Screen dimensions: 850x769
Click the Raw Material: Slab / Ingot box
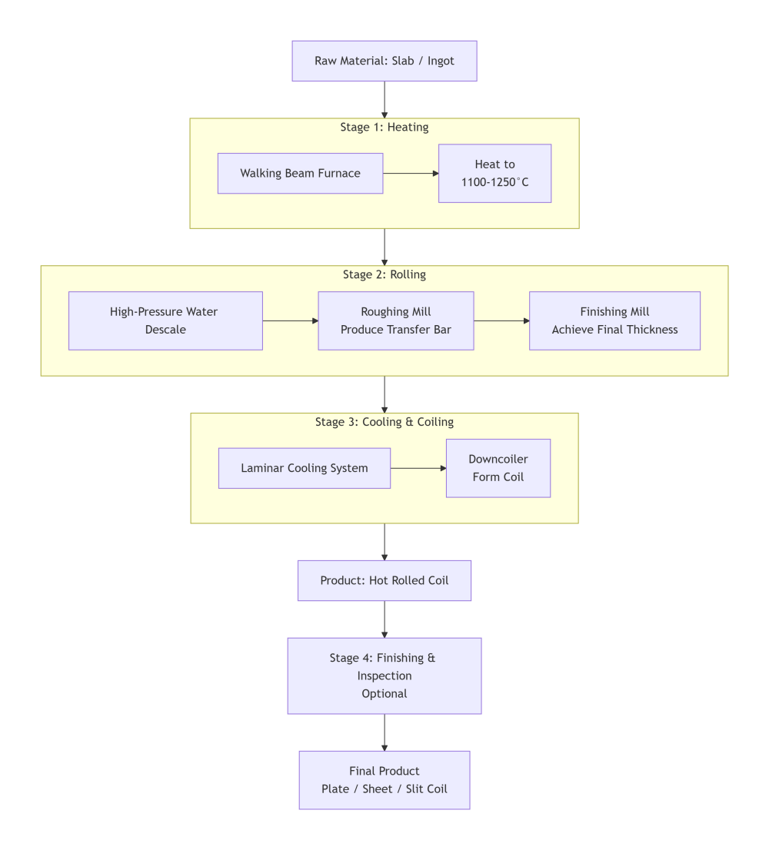coord(384,61)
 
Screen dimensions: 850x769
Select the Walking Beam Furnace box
coord(300,173)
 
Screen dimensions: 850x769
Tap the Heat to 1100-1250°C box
coord(494,174)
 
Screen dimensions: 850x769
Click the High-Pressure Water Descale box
coord(165,320)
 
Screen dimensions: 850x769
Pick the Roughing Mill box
coord(395,320)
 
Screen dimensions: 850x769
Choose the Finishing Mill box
coord(614,320)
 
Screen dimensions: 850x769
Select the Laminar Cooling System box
coord(304,468)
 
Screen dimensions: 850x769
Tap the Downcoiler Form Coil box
coord(498,468)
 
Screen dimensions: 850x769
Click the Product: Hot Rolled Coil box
coord(384,580)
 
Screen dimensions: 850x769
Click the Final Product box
coord(384,780)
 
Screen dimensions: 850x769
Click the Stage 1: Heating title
coord(384,127)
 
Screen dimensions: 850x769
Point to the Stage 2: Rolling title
coord(384,274)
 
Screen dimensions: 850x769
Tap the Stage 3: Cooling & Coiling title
coord(384,422)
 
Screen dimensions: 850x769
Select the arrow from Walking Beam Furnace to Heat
coord(411,174)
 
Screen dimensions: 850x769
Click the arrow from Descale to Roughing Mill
coord(290,320)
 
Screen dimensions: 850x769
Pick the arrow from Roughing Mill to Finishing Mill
coord(501,320)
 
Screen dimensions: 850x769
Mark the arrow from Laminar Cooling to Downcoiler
coord(418,468)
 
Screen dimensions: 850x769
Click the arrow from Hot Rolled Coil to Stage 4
coord(384,619)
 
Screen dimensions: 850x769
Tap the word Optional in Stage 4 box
coord(384,693)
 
